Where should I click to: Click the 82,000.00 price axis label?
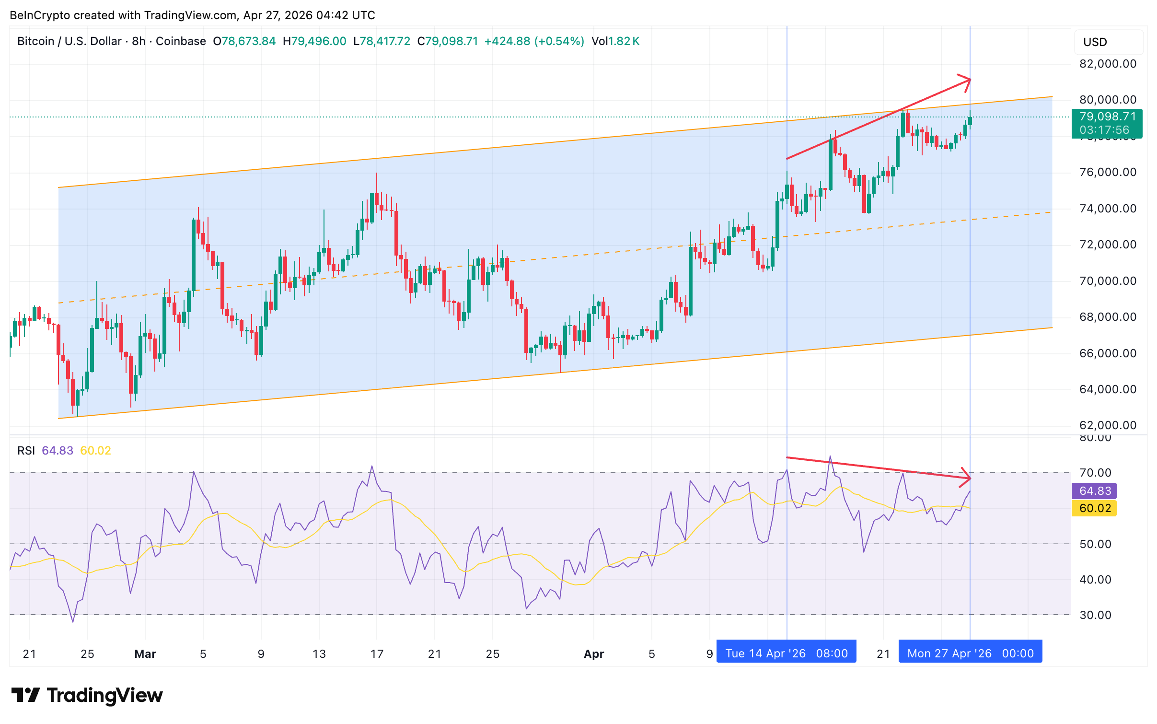1107,64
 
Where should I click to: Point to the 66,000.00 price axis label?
1107,353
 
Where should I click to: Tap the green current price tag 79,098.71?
1107,123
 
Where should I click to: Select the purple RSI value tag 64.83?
1095,491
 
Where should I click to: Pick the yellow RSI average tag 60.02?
1095,508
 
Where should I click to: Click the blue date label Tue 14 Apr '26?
786,654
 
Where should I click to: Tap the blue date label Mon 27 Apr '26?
970,654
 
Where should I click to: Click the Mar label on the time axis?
145,654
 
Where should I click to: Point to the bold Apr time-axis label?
594,654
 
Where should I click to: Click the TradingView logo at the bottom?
87,695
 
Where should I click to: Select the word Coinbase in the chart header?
181,41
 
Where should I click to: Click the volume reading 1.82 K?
623,41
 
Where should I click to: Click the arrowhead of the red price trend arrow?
968,80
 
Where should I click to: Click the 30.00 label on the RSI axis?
1095,615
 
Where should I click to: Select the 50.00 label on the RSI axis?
1095,544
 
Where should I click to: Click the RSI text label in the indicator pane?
26,451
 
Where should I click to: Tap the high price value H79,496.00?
314,41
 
